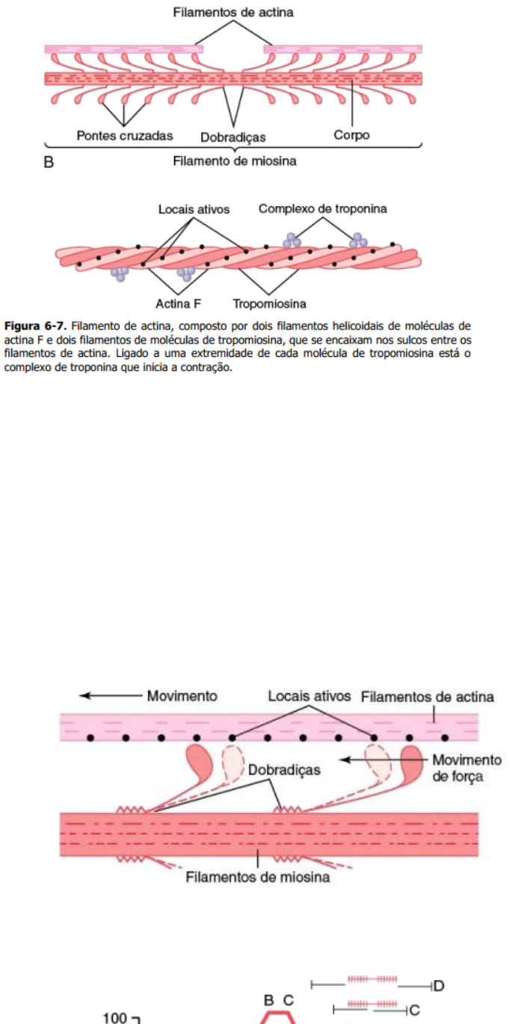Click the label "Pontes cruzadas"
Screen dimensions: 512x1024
pos(125,136)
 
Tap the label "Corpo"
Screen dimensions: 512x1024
pos(351,135)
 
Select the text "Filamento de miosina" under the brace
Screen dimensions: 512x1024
pos(235,161)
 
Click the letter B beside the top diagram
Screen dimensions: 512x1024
pos(49,161)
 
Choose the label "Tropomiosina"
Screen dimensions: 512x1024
pos(269,304)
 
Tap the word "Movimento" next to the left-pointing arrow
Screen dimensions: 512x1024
pos(182,695)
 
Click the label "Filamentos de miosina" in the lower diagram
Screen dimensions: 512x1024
pos(257,877)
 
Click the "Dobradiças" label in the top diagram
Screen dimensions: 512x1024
pos(233,137)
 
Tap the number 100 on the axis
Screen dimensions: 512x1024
pos(114,1017)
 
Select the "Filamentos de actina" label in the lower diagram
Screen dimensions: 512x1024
pos(427,697)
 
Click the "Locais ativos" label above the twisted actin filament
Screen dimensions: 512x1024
pos(194,209)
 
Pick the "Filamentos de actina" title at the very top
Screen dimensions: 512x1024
pos(233,12)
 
